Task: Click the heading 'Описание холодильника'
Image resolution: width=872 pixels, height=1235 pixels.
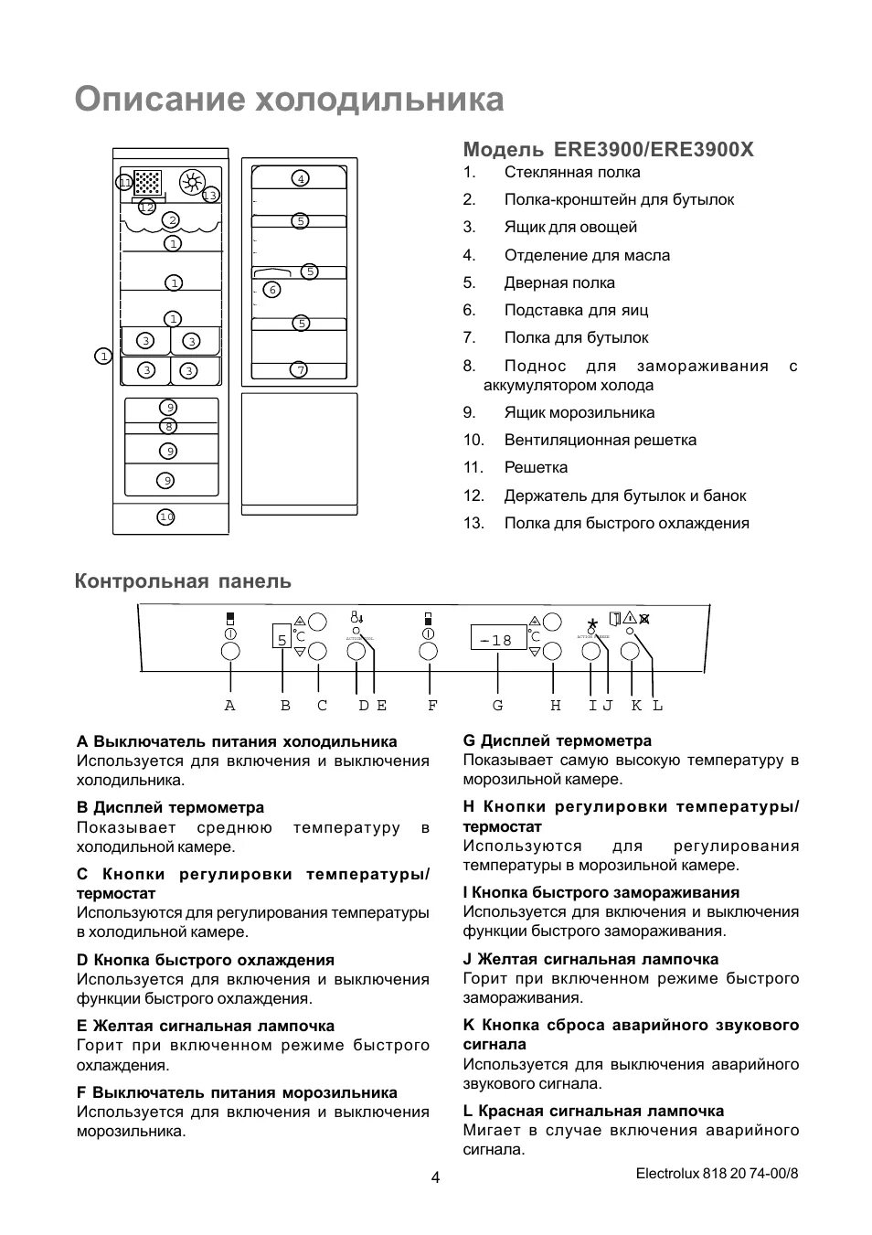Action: pos(289,100)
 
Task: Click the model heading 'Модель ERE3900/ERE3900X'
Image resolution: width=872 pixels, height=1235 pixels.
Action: pos(608,149)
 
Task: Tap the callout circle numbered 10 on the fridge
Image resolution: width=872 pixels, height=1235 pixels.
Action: pos(165,517)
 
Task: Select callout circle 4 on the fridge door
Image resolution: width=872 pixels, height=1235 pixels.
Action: pos(301,179)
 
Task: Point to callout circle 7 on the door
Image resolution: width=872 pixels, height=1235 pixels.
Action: pos(300,370)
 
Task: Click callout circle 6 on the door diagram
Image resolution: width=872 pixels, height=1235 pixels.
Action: pos(271,290)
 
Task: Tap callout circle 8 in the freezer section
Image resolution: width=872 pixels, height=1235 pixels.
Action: pos(168,426)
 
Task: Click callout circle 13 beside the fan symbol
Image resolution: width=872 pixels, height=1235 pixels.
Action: pos(210,196)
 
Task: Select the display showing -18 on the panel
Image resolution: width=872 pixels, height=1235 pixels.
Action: pos(498,639)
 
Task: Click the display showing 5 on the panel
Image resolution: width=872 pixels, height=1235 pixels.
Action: pos(282,639)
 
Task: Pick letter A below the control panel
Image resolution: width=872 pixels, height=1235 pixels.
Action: pos(229,706)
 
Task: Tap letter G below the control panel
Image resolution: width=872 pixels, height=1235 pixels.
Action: pos(497,706)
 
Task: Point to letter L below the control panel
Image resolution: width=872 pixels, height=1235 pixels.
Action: pos(657,706)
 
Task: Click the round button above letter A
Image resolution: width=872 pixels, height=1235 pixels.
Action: pos(230,652)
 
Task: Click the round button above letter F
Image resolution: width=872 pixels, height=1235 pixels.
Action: pos(428,652)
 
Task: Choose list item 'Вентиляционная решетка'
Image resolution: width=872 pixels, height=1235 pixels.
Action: pos(600,440)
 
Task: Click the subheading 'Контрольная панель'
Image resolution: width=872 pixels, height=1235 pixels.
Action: pos(183,581)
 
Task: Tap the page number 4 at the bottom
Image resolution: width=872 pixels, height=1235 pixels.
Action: pos(435,1177)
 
